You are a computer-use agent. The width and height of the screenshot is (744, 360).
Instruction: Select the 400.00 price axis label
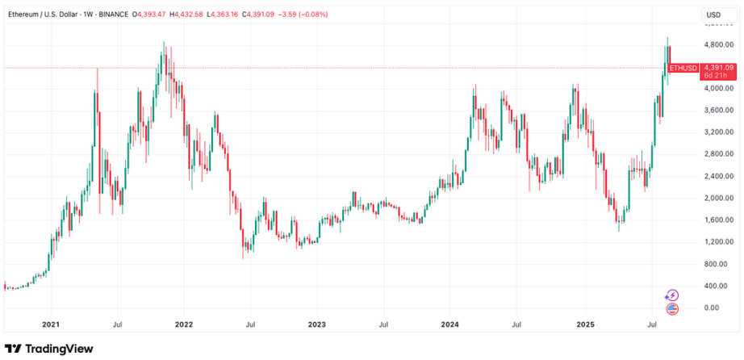pos(713,286)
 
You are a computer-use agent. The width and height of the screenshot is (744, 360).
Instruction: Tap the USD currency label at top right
pos(713,15)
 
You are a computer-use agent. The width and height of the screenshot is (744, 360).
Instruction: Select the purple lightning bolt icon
pos(672,295)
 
